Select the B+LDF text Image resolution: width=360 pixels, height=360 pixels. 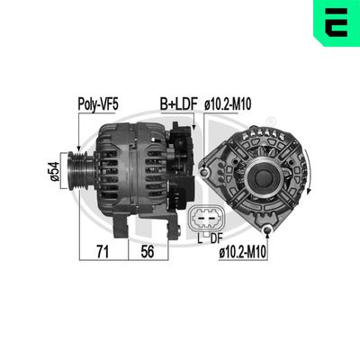tap(178, 105)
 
